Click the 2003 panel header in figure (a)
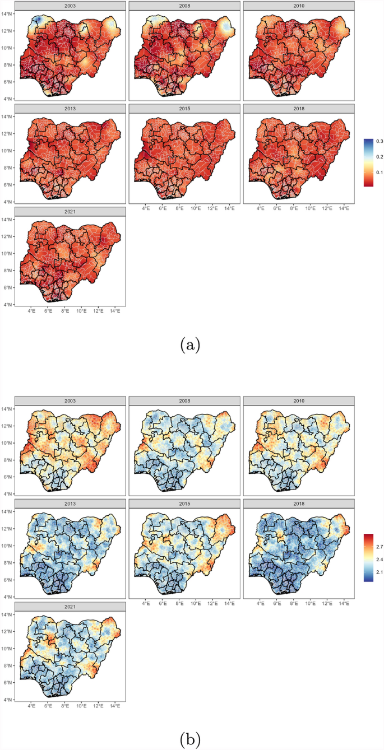coord(70,6)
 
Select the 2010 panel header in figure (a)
coord(299,6)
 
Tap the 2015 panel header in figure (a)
coord(184,108)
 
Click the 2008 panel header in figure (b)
coord(184,400)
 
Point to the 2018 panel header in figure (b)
coord(299,503)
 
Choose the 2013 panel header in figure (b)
coord(70,503)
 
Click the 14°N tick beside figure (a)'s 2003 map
coord(7,14)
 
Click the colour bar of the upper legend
coord(368,162)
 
